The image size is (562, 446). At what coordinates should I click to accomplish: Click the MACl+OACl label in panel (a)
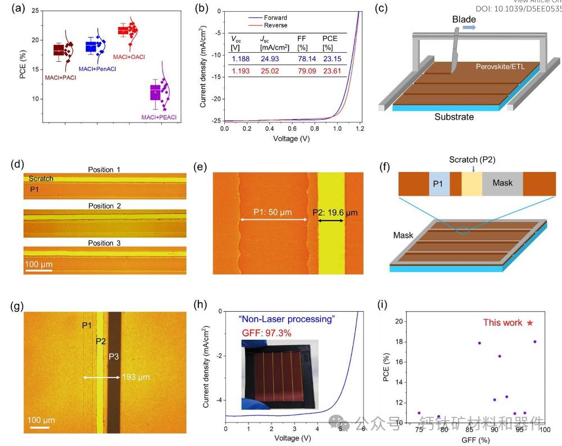(x=129, y=57)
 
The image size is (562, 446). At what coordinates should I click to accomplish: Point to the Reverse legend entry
(x=275, y=25)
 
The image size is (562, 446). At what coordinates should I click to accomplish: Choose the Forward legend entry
(x=275, y=17)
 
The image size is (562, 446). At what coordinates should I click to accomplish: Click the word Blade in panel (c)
(x=465, y=20)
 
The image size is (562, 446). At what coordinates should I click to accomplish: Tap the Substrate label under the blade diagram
(x=454, y=117)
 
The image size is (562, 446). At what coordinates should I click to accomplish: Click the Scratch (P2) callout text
(x=472, y=160)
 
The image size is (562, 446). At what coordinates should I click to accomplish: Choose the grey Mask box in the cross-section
(x=502, y=183)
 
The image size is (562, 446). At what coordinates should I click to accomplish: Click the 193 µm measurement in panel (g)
(x=135, y=377)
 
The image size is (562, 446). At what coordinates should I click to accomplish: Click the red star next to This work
(x=529, y=323)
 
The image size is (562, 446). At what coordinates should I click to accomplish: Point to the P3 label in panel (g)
(x=114, y=357)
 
